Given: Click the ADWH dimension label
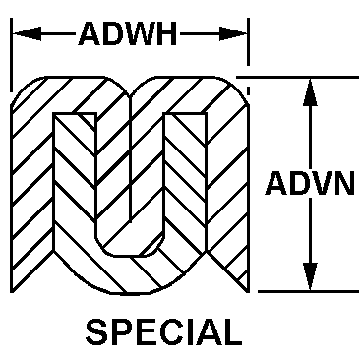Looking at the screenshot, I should pyautogui.click(x=128, y=36).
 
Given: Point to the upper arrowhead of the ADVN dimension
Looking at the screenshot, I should pyautogui.click(x=311, y=89).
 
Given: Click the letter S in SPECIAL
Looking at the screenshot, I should pyautogui.click(x=95, y=330).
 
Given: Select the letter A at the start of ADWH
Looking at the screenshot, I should pyautogui.click(x=89, y=36).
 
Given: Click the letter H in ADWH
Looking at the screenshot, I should pyautogui.click(x=166, y=36).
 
